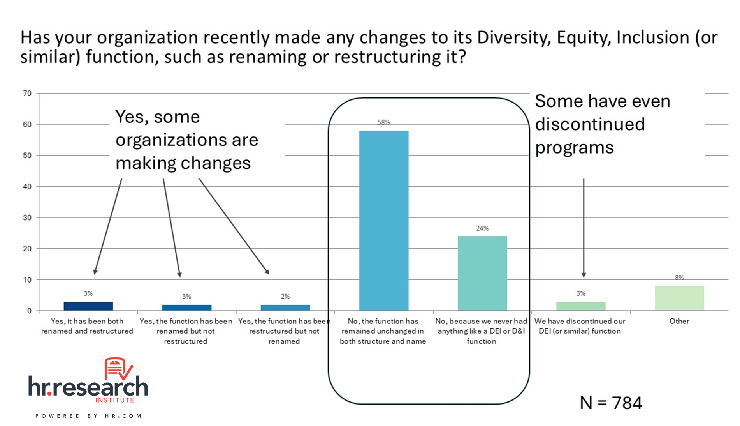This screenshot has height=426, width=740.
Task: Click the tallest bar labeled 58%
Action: [383, 221]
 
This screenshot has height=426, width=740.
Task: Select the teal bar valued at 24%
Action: [482, 273]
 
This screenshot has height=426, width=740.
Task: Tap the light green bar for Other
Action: [679, 298]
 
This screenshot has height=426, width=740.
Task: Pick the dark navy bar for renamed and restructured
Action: [88, 306]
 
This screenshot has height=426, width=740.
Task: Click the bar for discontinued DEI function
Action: [581, 306]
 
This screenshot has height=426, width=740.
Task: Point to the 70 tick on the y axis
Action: [27, 94]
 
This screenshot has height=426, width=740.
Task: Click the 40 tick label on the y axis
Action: [27, 187]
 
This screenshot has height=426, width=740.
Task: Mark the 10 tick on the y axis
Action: [27, 280]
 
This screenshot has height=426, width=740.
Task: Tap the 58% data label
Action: [384, 122]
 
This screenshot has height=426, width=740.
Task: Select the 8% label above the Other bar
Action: [679, 278]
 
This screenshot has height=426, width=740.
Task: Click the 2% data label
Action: [285, 297]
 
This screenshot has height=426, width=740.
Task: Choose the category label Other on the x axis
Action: [679, 321]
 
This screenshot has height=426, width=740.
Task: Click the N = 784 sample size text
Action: [611, 403]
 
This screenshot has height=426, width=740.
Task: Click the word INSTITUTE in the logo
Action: [115, 400]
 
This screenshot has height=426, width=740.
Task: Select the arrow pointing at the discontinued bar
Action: [584, 228]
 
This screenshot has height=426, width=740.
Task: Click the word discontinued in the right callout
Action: [590, 124]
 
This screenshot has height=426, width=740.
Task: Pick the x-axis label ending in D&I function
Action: [482, 331]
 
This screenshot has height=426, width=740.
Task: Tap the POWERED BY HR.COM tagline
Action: [88, 416]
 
